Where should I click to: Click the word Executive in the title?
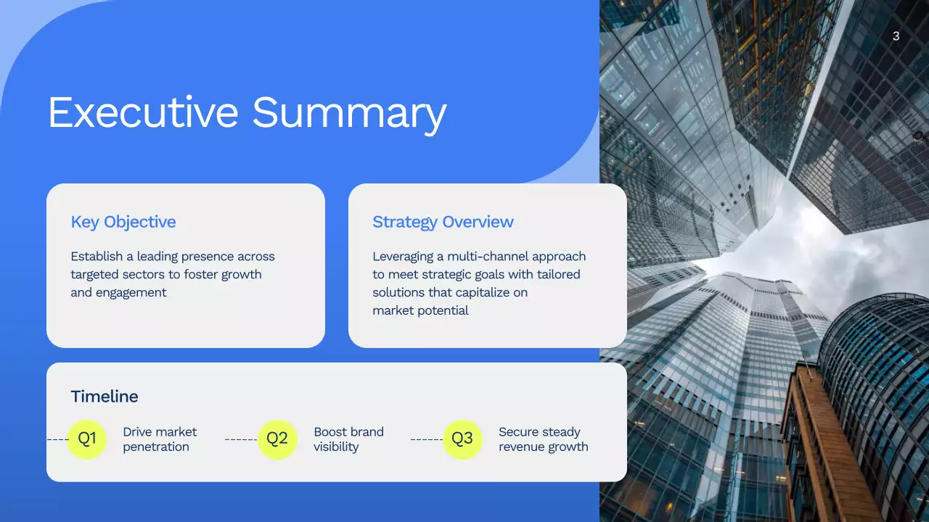[x=143, y=114]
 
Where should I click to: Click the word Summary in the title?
[x=348, y=114]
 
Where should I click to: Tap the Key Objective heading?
[x=123, y=222]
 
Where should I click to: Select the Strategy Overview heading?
[x=443, y=222]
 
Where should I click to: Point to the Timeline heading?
[x=104, y=397]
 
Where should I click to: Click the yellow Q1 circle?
[x=87, y=439]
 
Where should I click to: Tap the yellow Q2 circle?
[x=277, y=439]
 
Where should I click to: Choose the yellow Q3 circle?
[x=462, y=439]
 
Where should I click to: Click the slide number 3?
[x=896, y=36]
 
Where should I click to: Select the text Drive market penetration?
[x=160, y=439]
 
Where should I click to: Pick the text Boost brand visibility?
[x=348, y=439]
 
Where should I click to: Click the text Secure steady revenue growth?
[x=543, y=439]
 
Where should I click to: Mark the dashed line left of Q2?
[x=241, y=439]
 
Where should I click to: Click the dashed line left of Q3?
[x=427, y=439]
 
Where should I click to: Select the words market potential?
[x=420, y=311]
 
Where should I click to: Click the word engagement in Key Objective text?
[x=131, y=293]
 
